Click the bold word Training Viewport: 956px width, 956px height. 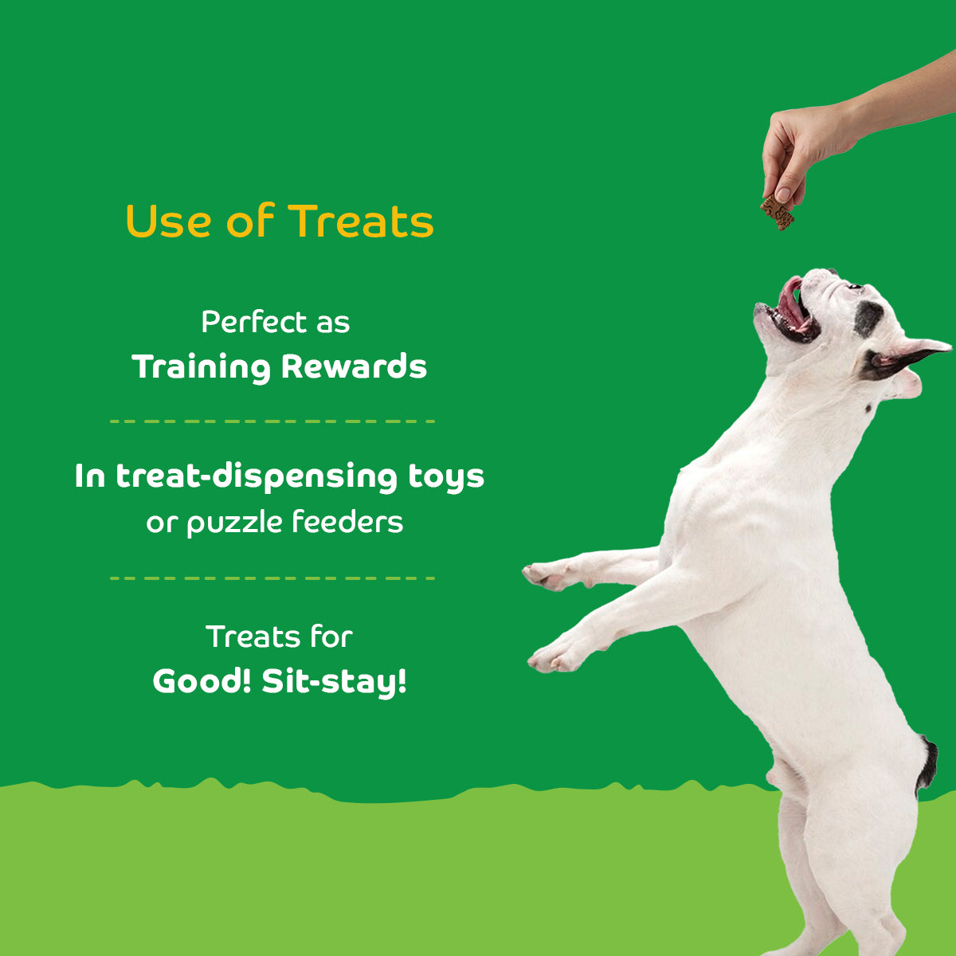tap(202, 367)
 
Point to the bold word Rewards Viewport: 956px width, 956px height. tap(354, 366)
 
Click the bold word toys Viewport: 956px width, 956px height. tap(446, 476)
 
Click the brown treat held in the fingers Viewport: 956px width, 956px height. tap(778, 211)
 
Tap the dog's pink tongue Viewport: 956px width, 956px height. tap(791, 301)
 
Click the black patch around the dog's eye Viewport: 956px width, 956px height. tap(868, 317)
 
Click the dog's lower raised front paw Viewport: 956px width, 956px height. tap(554, 656)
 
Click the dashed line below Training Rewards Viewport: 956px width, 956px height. tap(272, 421)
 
